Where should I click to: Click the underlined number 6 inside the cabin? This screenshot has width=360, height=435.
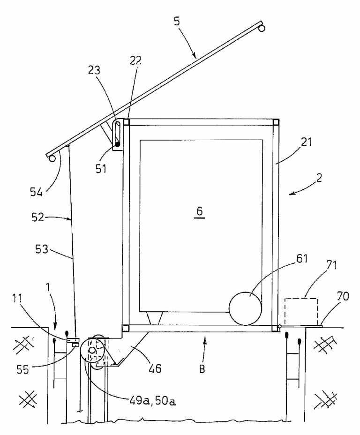pyautogui.click(x=200, y=211)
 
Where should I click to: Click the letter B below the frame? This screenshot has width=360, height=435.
pyautogui.click(x=202, y=368)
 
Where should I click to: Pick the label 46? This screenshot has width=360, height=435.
pyautogui.click(x=154, y=368)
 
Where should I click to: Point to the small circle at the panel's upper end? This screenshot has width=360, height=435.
pyautogui.click(x=262, y=29)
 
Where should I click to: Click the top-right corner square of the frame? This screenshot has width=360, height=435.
pyautogui.click(x=276, y=123)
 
